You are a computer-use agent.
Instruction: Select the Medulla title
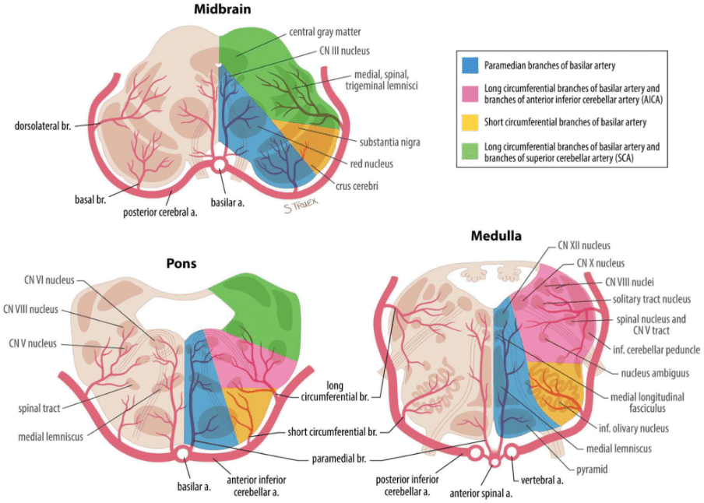pyautogui.click(x=495, y=235)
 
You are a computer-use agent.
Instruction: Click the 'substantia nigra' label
pyautogui.click(x=389, y=142)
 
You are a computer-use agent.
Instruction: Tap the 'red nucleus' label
pyautogui.click(x=371, y=164)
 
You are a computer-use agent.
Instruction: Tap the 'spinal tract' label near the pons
pyautogui.click(x=40, y=407)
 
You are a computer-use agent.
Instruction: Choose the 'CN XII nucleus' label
pyautogui.click(x=583, y=245)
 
